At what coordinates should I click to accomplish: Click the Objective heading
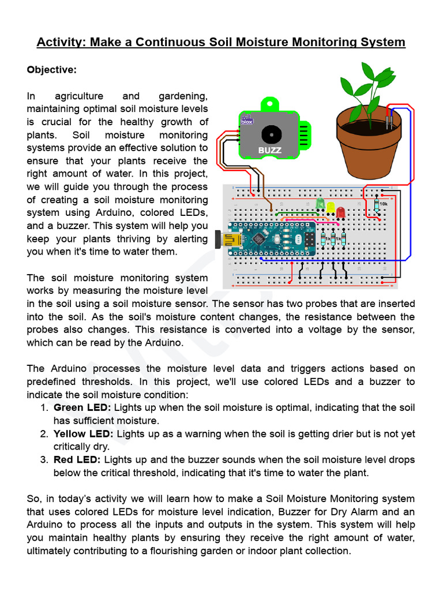[x=51, y=70]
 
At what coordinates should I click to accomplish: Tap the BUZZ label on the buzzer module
[x=269, y=151]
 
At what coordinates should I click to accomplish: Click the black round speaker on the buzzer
[x=269, y=134]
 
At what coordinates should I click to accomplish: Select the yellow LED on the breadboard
[x=331, y=207]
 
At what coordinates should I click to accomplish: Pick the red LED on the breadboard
[x=340, y=212]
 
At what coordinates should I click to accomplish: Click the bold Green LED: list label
[x=82, y=407]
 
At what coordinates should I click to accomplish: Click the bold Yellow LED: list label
[x=85, y=433]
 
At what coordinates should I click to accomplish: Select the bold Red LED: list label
[x=77, y=460]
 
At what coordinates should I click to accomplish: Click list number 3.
[x=44, y=460]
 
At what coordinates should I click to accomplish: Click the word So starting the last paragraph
[x=33, y=499]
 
